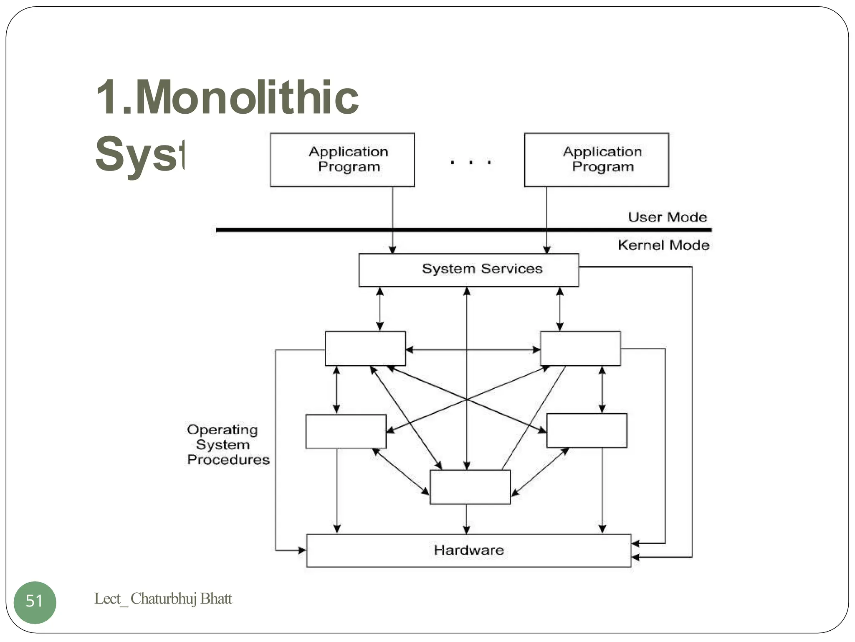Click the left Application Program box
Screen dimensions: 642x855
342,160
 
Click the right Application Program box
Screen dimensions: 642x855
596,160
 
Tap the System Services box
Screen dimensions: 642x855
468,270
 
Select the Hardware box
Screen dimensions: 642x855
468,550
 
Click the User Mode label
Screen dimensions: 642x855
667,217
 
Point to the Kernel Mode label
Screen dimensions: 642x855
663,245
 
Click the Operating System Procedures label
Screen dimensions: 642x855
228,445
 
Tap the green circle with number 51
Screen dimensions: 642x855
35,602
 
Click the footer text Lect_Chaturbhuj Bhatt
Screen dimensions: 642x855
163,599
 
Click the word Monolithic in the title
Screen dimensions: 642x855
247,98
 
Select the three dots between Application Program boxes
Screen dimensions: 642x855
471,162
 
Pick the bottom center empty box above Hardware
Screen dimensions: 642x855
470,487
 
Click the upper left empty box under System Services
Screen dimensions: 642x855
365,349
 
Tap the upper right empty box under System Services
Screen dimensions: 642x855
580,349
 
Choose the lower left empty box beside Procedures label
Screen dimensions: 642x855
346,431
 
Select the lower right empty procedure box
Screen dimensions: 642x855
587,431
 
